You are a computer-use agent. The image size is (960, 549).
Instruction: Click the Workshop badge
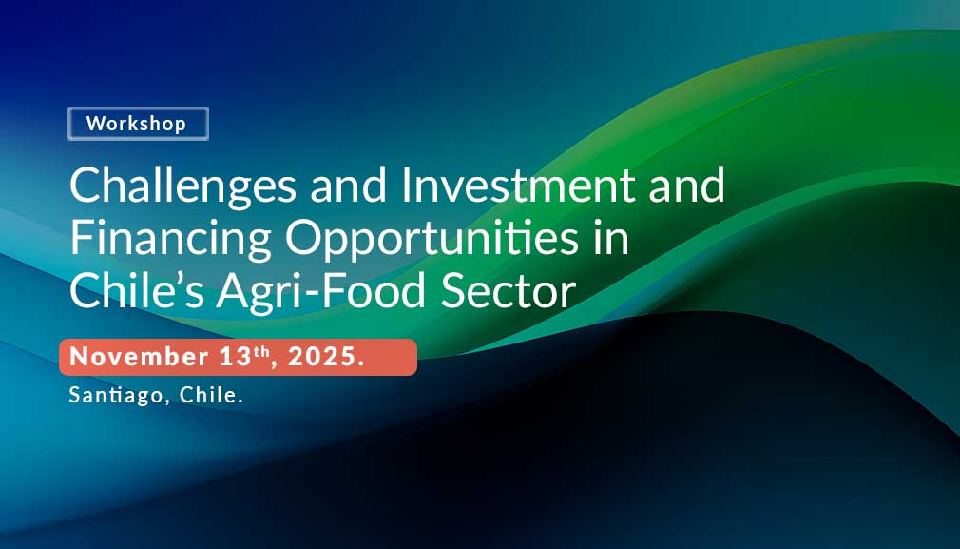pyautogui.click(x=138, y=124)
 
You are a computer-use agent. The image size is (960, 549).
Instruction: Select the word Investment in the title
pyautogui.click(x=518, y=185)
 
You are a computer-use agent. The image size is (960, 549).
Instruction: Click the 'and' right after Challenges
pyautogui.click(x=349, y=185)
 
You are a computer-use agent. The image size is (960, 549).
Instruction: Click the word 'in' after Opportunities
pyautogui.click(x=610, y=239)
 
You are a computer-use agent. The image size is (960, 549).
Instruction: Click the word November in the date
pyautogui.click(x=139, y=357)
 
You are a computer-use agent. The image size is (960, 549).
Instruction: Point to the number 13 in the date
pyautogui.click(x=235, y=357)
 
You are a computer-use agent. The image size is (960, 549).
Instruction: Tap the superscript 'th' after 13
pyautogui.click(x=260, y=352)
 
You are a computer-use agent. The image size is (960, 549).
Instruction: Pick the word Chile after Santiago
pyautogui.click(x=208, y=395)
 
